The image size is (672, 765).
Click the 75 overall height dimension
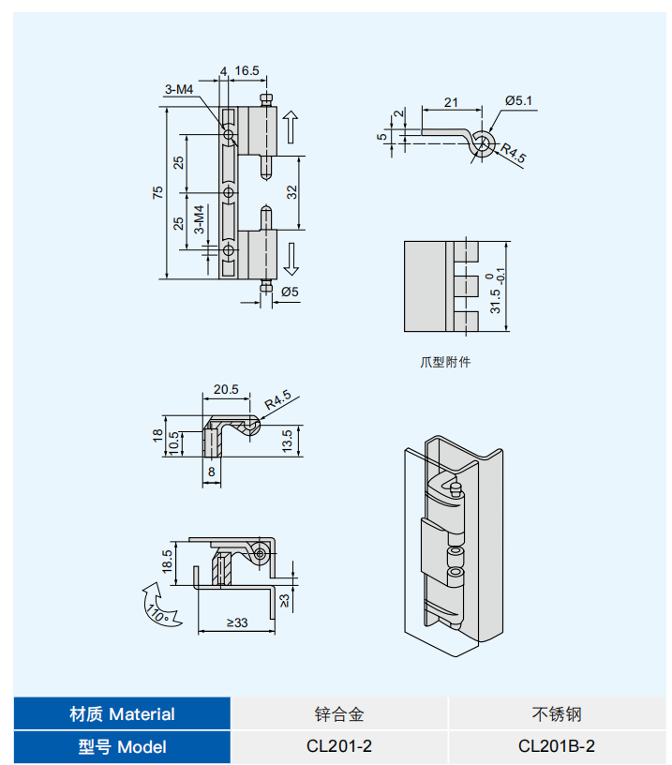coord(157,193)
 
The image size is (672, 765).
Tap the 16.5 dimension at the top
coord(246,71)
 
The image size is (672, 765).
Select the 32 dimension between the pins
coord(291,192)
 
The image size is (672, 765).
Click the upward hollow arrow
coord(291,127)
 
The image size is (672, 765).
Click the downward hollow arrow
coord(291,260)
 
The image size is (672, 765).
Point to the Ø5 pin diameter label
coord(290,292)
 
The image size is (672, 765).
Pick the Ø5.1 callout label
coord(518,101)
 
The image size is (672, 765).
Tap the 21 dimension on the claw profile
coord(451,102)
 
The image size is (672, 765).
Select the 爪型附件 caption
coord(445,362)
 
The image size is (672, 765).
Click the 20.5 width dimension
coord(226,389)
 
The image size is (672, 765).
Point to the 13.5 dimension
coord(287,441)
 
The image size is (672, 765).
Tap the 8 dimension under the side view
coord(211,472)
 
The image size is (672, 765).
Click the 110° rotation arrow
coord(159,605)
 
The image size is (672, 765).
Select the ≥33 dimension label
coord(237,623)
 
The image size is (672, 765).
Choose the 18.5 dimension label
coord(167,561)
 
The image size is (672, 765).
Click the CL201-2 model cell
coord(339,746)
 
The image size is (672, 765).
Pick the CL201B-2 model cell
coord(557,746)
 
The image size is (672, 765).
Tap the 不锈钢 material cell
coord(557,714)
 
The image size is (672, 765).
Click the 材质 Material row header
coord(122,713)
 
